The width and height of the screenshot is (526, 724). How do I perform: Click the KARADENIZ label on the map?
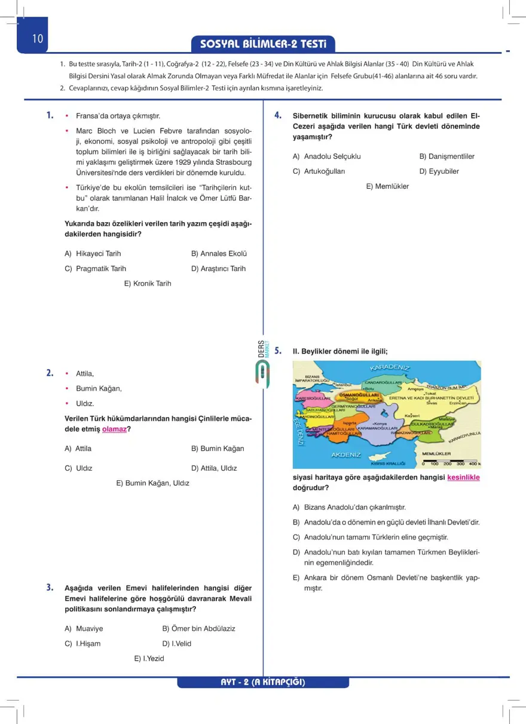point(390,367)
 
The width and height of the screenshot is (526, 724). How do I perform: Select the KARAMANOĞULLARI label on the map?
point(378,428)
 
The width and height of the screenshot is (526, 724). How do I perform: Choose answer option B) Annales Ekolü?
point(219,253)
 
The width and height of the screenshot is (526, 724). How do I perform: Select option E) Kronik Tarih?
point(148,283)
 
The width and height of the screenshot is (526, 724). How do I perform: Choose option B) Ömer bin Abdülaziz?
point(198,628)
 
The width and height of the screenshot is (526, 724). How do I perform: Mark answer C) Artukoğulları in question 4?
point(319,171)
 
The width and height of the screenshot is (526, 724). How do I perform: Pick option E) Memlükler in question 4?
point(387,186)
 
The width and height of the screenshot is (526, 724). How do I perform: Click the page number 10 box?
point(37,39)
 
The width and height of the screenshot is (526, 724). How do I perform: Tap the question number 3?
point(51,588)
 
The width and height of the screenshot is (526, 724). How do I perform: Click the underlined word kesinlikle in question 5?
point(463,477)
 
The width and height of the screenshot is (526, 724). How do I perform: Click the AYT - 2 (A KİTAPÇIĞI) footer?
point(263,682)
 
